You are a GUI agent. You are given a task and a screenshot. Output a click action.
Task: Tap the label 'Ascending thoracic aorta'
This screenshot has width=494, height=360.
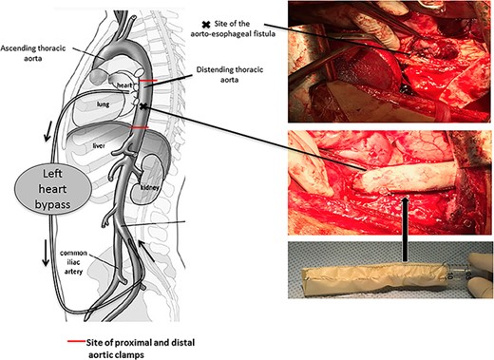coord(34,53)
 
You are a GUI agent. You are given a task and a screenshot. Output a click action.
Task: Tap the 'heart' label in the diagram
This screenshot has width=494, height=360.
coord(117,83)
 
